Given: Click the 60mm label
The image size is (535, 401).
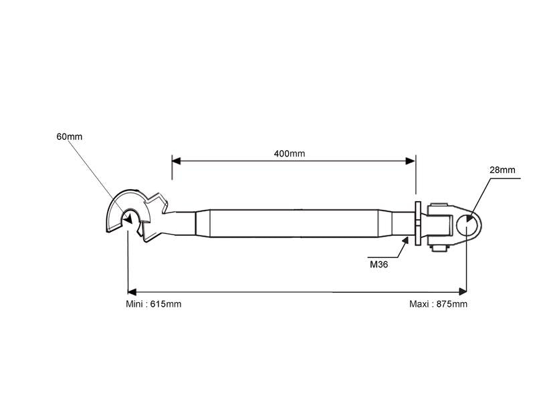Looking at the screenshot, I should (x=70, y=137).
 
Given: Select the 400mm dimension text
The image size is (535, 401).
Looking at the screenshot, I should (x=289, y=154).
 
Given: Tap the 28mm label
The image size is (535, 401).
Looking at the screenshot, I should (x=502, y=170).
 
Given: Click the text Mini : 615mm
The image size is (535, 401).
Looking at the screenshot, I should (x=153, y=304).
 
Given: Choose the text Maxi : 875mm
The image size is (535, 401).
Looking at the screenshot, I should (x=438, y=304).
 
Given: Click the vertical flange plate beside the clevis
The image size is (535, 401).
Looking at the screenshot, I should (x=418, y=224).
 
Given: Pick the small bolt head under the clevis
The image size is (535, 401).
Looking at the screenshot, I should (x=439, y=248).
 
